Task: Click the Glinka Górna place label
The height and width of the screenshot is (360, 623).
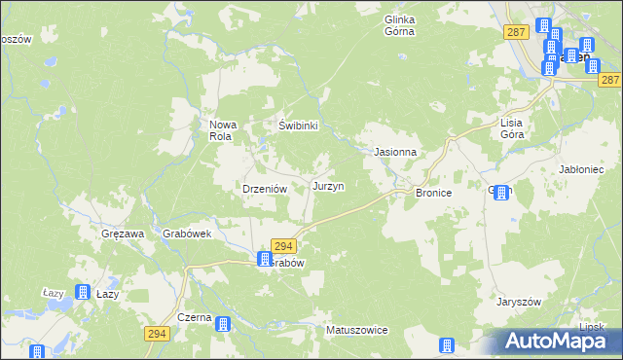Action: pos(400,25)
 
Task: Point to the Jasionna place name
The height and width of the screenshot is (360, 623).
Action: pos(396,153)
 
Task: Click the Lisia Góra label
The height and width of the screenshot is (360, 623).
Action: pos(512,128)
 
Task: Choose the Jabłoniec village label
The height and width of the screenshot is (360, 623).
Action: pos(585,168)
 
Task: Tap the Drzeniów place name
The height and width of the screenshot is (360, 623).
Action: pos(262,189)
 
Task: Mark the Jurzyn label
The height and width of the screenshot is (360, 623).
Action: pos(328,185)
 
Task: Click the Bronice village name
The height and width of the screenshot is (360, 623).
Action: pos(434,194)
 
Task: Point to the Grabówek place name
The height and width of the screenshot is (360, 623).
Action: pos(188,234)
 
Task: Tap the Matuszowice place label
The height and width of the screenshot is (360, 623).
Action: pos(357,330)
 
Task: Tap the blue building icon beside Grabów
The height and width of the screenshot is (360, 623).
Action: pos(264,259)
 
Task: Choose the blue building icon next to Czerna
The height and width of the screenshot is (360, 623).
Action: pos(224,325)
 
